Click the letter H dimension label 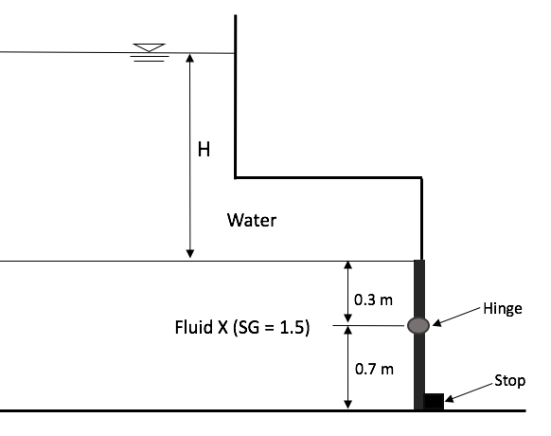203,149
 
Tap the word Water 252,221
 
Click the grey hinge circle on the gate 418,325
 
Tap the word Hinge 502,308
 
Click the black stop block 434,401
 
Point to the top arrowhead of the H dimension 190,58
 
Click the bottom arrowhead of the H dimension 190,253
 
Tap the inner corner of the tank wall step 236,176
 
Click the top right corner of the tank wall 419,177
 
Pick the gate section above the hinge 419,288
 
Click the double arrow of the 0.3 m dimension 347,293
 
